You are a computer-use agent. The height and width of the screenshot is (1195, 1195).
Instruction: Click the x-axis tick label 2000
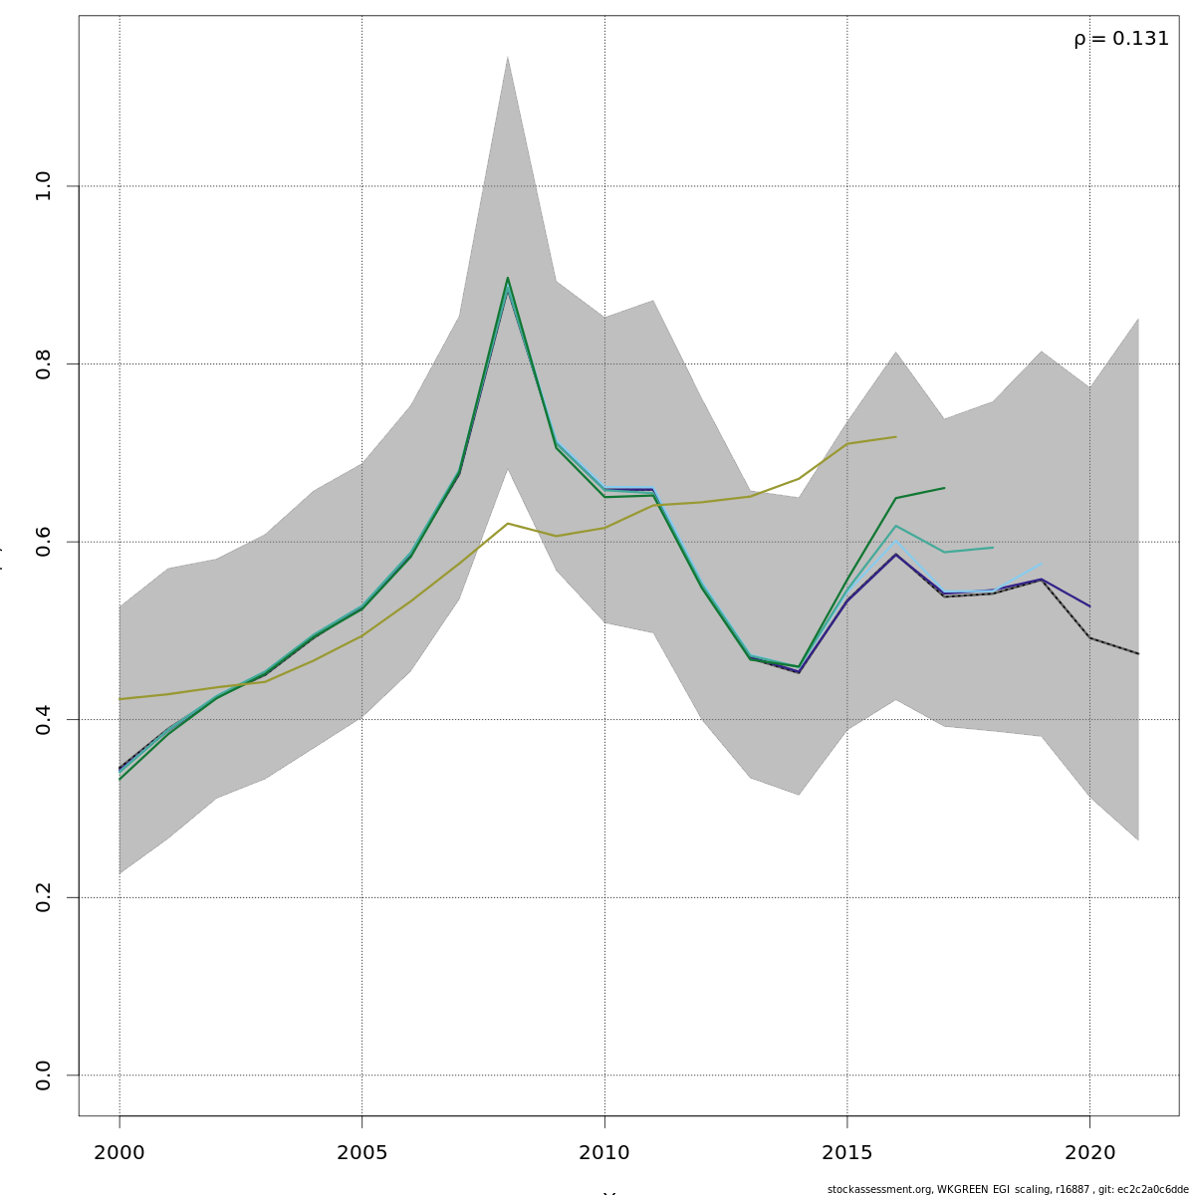click(x=119, y=1153)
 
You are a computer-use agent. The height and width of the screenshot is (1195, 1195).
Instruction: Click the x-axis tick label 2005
click(x=361, y=1153)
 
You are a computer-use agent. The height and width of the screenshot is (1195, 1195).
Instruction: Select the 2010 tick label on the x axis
click(x=604, y=1153)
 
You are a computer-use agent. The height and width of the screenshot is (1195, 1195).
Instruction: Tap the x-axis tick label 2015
click(x=846, y=1153)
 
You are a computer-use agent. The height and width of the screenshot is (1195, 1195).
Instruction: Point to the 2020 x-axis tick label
click(x=1089, y=1153)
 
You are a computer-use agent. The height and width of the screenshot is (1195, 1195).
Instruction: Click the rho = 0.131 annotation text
click(x=1120, y=39)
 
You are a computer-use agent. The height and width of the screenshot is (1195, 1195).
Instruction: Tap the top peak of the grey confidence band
click(x=507, y=57)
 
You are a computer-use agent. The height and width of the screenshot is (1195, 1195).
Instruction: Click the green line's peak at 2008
click(x=507, y=278)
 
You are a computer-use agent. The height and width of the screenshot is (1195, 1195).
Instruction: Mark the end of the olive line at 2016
click(x=895, y=437)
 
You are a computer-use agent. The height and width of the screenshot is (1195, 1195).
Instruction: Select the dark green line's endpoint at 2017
click(x=944, y=488)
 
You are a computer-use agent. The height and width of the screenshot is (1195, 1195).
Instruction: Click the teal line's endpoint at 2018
click(x=993, y=547)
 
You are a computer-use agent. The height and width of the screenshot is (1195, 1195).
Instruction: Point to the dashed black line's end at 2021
click(x=1138, y=654)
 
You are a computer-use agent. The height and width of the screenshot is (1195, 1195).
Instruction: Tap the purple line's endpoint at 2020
click(x=1089, y=606)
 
